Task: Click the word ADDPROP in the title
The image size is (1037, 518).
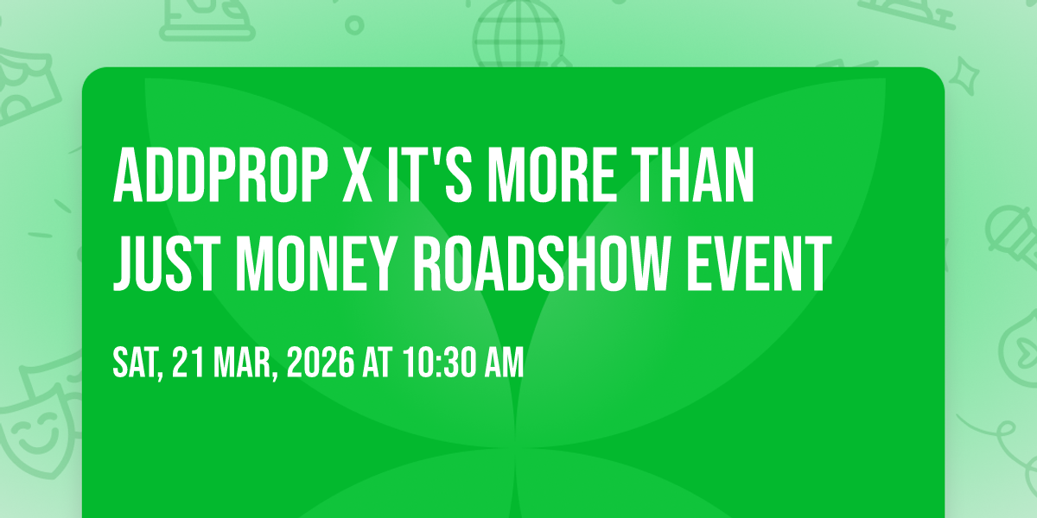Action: click(x=220, y=175)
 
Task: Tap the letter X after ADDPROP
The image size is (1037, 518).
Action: click(x=357, y=175)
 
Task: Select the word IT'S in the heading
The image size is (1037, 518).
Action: click(x=429, y=175)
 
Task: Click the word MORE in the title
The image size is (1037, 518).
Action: click(x=551, y=175)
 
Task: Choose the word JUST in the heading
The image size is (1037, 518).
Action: click(x=167, y=263)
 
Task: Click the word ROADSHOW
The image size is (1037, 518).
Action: click(x=543, y=263)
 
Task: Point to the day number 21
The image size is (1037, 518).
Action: click(x=188, y=363)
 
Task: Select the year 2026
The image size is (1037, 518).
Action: click(x=321, y=363)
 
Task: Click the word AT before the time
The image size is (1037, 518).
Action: click(x=378, y=363)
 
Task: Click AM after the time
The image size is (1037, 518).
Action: click(x=504, y=363)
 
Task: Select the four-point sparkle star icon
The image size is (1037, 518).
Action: click(x=964, y=77)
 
